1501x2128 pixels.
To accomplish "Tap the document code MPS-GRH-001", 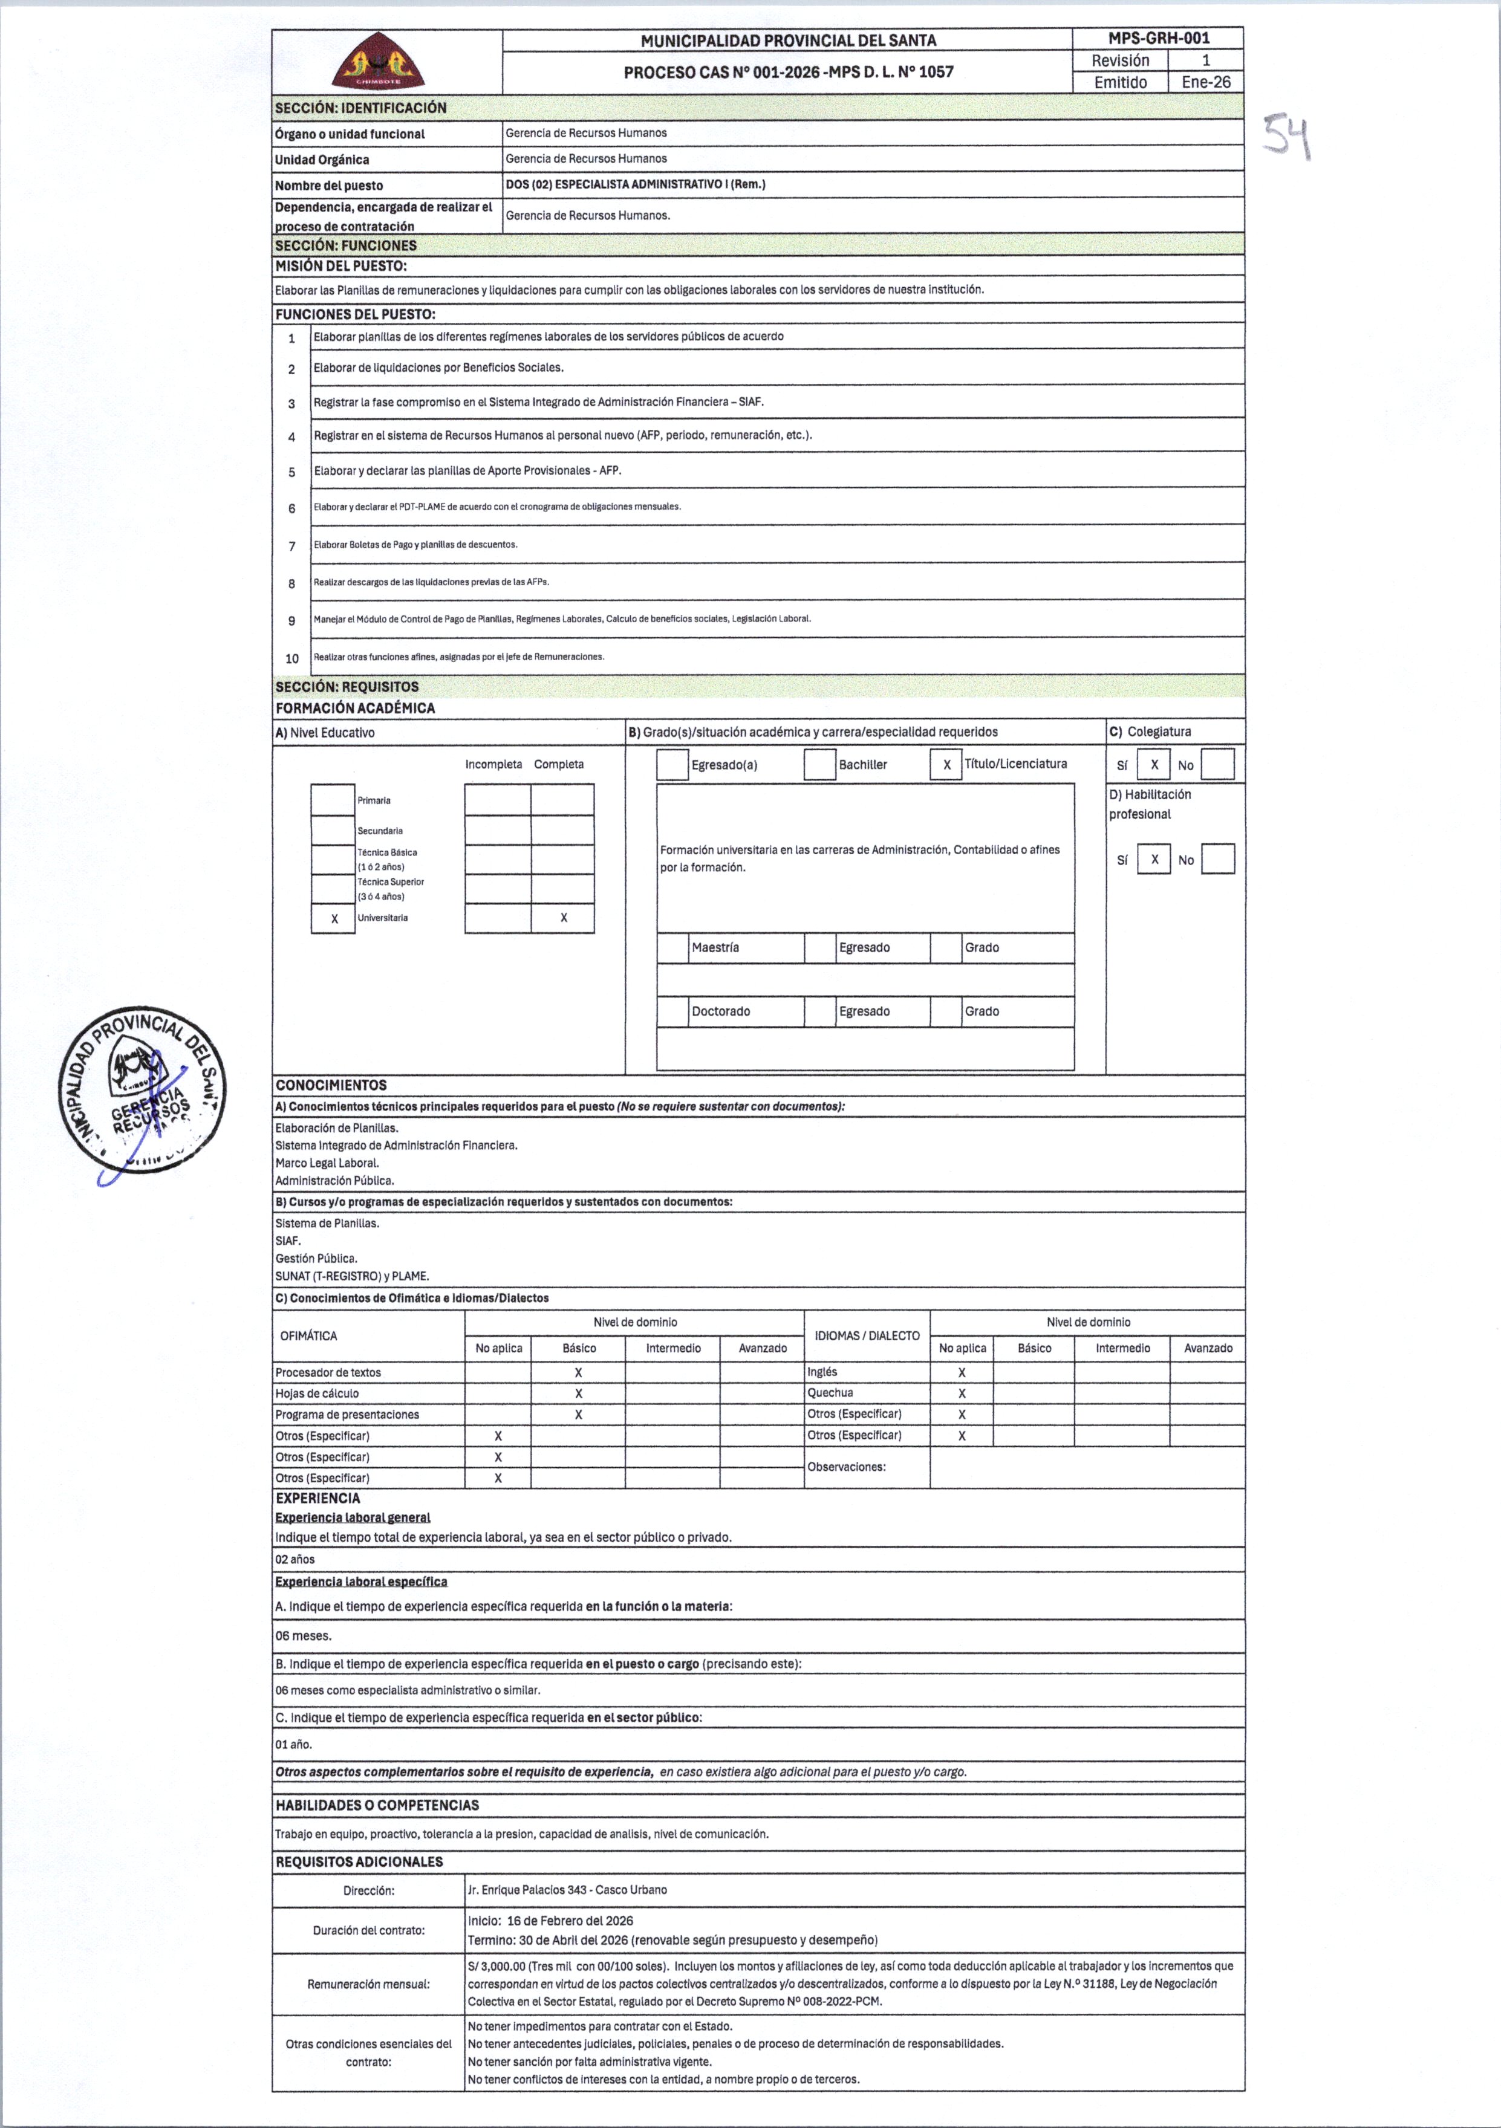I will pyautogui.click(x=1158, y=39).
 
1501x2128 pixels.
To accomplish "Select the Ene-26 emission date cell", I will pyautogui.click(x=1205, y=82).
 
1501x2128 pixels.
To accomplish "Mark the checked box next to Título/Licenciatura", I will pyautogui.click(x=946, y=765).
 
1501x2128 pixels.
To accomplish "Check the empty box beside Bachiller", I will pyautogui.click(x=819, y=765).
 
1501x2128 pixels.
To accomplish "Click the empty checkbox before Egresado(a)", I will pyautogui.click(x=672, y=765).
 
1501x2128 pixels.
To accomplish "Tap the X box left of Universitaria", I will pyautogui.click(x=334, y=918).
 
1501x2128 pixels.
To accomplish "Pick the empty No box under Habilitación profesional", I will pyautogui.click(x=1217, y=859).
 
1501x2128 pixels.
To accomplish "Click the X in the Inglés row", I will pyautogui.click(x=962, y=1373).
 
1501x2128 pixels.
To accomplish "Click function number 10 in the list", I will pyautogui.click(x=292, y=658).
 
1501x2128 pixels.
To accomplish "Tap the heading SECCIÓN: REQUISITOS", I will pyautogui.click(x=347, y=687).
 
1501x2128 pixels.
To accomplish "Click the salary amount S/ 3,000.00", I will pyautogui.click(x=497, y=1966).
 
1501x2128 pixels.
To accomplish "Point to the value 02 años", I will pyautogui.click(x=295, y=1559).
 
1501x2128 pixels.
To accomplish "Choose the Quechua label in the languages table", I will pyautogui.click(x=830, y=1393).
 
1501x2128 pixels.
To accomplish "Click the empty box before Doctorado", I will pyautogui.click(x=672, y=1011).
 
